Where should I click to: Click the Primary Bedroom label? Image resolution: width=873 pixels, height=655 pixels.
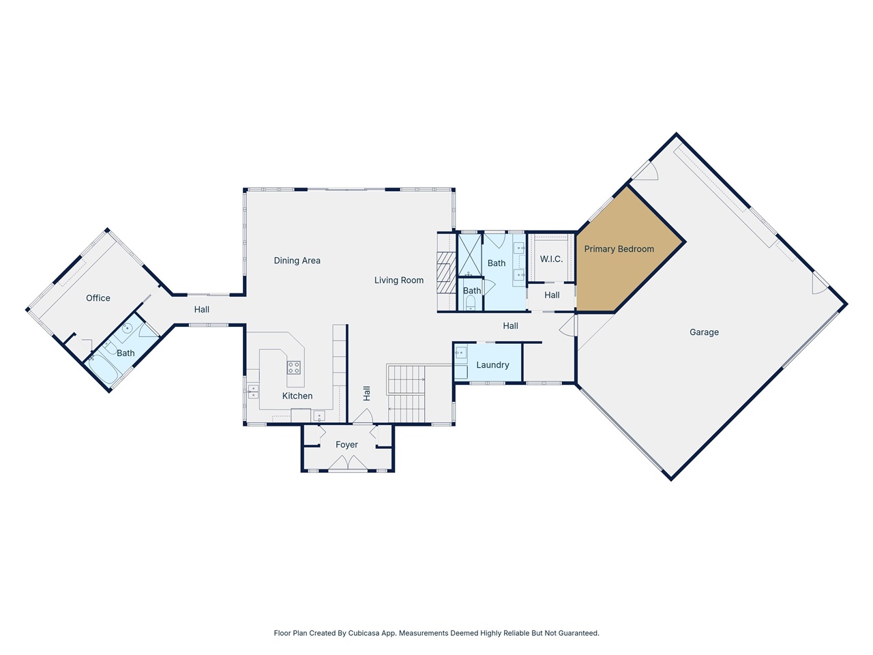619,249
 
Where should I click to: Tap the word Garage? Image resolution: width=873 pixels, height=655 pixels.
704,332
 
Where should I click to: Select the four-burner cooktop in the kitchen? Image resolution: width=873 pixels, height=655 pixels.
294,368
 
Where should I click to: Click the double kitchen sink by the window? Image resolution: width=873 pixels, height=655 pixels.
253,392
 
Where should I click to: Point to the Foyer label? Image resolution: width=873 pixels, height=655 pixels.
346,445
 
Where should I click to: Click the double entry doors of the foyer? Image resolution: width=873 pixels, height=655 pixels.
348,463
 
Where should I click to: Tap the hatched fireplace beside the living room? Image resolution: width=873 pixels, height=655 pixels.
445,272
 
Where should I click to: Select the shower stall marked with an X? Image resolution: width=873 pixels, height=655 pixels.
469,254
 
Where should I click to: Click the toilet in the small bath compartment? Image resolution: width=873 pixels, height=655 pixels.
470,302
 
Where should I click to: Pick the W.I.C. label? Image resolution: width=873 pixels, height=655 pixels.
551,259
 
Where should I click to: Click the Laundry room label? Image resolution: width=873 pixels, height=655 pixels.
492,365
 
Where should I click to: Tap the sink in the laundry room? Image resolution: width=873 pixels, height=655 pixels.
461,353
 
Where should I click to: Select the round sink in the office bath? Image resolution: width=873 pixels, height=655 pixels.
126,329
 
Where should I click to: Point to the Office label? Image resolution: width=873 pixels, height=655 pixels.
98,298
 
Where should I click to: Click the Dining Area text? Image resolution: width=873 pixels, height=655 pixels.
297,261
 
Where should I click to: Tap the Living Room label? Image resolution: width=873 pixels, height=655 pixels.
399,280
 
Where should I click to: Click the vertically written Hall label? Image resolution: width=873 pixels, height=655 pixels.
366,393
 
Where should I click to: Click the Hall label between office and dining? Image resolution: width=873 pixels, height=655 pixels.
201,310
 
